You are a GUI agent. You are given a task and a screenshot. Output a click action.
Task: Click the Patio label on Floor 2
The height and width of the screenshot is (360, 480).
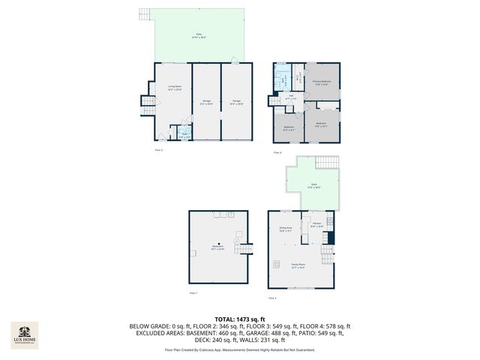coord(199,35)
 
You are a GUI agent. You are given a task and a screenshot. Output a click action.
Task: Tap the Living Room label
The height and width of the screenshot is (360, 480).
coord(174,88)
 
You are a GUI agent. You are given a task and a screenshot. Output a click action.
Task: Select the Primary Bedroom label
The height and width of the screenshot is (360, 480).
coord(322,82)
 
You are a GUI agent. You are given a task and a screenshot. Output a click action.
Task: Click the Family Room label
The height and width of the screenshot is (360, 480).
coord(298,265)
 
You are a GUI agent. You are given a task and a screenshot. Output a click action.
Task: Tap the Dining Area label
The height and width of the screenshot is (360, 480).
coord(285,229)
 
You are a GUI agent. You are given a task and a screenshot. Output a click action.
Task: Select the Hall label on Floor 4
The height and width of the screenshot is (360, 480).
coord(291,97)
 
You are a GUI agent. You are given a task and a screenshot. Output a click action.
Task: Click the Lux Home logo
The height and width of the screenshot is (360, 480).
coord(24,334)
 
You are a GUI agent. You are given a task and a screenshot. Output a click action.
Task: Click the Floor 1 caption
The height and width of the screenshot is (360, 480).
coord(193,292)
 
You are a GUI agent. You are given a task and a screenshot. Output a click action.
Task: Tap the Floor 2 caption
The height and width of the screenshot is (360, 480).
coord(158,151)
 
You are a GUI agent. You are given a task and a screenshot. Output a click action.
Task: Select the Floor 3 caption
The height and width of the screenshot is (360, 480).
coord(281,298)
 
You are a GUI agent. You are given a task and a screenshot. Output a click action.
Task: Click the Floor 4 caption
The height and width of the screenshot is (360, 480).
coord(277,152)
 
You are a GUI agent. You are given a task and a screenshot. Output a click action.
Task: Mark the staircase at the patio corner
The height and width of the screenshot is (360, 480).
coord(146,14)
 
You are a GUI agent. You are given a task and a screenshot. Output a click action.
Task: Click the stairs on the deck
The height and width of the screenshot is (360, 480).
coord(327,162)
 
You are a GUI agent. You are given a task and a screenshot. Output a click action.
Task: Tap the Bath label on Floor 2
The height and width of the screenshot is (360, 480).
coord(184,136)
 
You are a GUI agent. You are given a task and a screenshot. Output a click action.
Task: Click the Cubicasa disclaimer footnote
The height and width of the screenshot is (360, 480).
coord(240,350)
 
